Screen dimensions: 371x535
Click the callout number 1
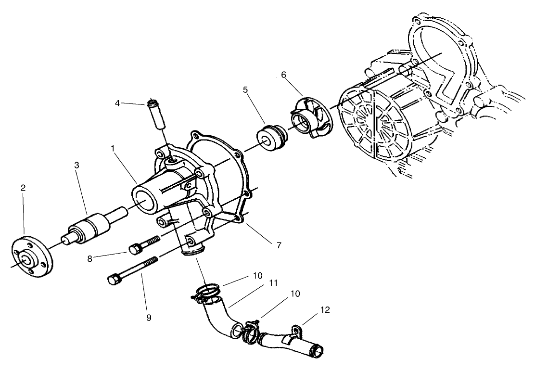(x=113, y=149)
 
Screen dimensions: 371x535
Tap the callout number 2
(x=23, y=188)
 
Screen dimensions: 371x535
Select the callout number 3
(x=76, y=165)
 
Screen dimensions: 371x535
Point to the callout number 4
(x=117, y=102)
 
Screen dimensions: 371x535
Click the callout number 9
(x=149, y=318)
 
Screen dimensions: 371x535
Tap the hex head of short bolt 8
(x=134, y=249)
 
